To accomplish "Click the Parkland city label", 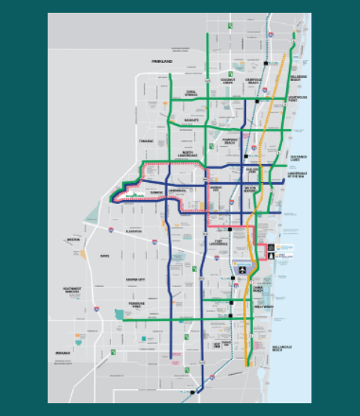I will click(x=162, y=61).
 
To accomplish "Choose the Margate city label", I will click(x=190, y=120).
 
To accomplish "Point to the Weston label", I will click(x=73, y=240).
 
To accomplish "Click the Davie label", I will click(x=104, y=256).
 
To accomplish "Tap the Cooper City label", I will click(x=136, y=280).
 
